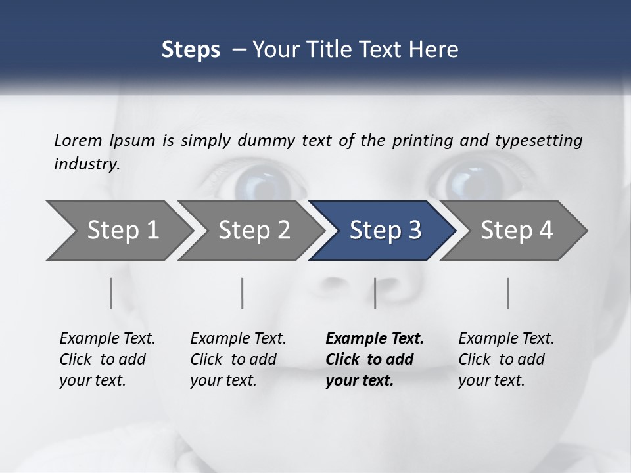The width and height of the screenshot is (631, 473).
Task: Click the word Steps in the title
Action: pyautogui.click(x=191, y=50)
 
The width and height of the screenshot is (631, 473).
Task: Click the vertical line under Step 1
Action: pyautogui.click(x=111, y=293)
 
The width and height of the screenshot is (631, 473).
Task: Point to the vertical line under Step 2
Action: pyautogui.click(x=243, y=293)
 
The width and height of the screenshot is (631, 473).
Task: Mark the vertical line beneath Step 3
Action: pyautogui.click(x=375, y=293)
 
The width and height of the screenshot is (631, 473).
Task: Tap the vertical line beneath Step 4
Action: pyautogui.click(x=508, y=293)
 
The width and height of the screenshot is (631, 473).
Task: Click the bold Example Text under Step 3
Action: pyautogui.click(x=375, y=359)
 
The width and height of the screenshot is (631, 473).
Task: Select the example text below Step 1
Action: pyautogui.click(x=107, y=359)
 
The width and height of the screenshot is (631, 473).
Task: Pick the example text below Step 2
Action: pyautogui.click(x=238, y=359)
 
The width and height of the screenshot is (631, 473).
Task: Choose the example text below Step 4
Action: pyautogui.click(x=506, y=359)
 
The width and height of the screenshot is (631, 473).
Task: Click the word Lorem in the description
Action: pyautogui.click(x=78, y=140)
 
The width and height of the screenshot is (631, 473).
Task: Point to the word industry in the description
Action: pyautogui.click(x=86, y=164)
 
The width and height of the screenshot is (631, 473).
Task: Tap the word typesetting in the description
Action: pyautogui.click(x=538, y=141)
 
